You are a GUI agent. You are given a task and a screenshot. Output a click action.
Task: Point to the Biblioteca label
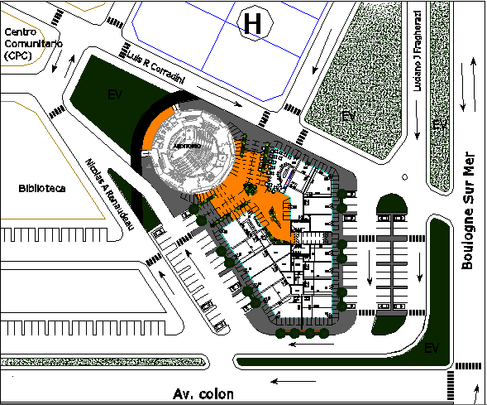pos(42,188)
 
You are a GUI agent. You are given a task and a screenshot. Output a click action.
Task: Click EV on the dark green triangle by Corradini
pos(115,95)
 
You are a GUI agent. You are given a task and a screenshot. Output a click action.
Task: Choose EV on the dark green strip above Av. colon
pos(430,349)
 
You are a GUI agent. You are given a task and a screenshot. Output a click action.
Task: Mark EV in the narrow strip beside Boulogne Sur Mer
pos(441,123)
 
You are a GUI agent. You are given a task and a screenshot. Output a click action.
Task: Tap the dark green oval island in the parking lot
pos(389,205)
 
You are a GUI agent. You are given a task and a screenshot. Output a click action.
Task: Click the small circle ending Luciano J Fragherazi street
pos(404,176)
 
